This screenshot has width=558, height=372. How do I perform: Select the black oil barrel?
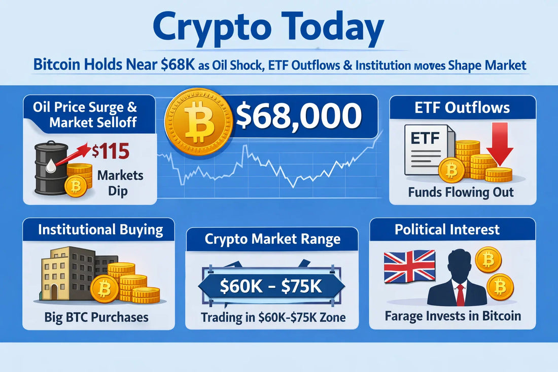point(51,168)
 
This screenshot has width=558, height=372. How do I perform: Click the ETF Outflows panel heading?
point(462,108)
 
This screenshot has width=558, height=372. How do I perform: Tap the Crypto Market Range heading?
point(272,239)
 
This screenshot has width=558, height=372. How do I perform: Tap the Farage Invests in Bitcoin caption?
point(452,316)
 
